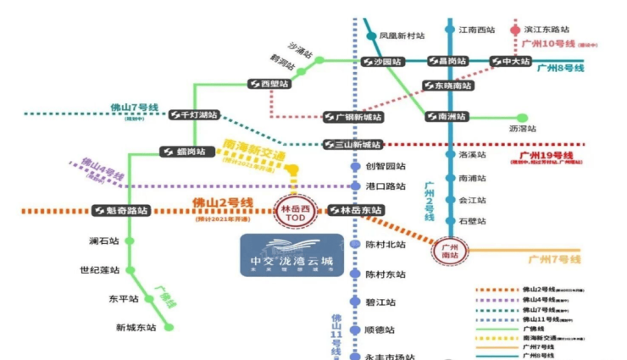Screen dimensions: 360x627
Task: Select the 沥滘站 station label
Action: (523, 128)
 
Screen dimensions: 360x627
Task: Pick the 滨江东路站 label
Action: (547, 29)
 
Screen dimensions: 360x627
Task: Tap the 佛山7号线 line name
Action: (135, 108)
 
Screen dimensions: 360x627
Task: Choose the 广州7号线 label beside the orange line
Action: (554, 258)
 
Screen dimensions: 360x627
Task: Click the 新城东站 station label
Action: (136, 327)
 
